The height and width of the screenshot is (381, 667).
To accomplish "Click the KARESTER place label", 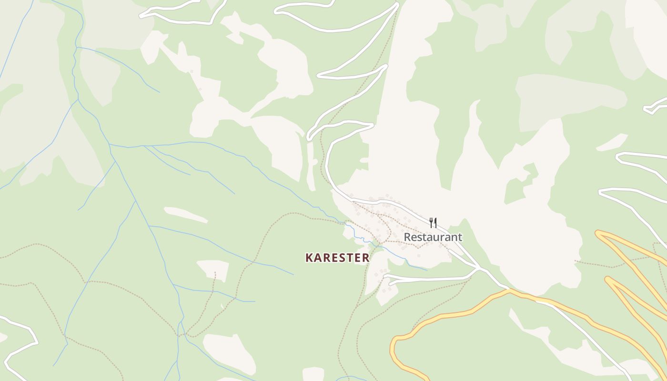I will click(x=337, y=258).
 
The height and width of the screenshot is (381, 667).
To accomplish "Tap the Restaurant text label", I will click(x=433, y=237).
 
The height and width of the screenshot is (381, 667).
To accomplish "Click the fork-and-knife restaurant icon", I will click(x=433, y=222).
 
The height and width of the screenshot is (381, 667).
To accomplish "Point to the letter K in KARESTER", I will click(x=309, y=258).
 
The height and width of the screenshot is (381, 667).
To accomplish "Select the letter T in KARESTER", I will click(x=349, y=258).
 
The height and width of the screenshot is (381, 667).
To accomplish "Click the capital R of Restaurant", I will click(x=408, y=237).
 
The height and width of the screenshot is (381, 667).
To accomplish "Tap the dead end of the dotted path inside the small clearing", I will click(x=215, y=273).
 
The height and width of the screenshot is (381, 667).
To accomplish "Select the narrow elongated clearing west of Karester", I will click(x=186, y=215).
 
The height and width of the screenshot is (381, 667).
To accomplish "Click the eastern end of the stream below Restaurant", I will click(x=426, y=270).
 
